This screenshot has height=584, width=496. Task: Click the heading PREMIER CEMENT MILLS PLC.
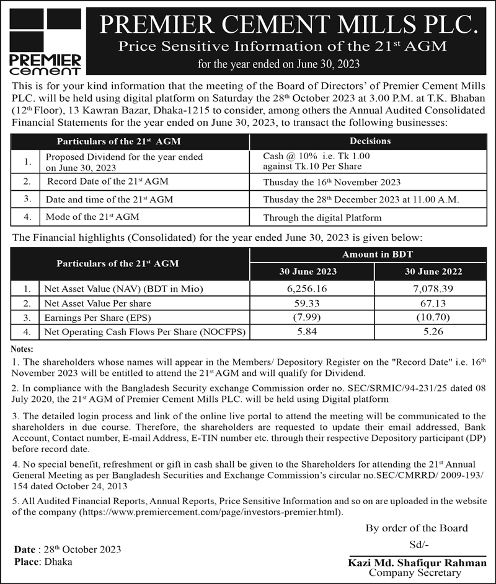click(x=290, y=24)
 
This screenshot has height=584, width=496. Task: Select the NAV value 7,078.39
click(x=433, y=289)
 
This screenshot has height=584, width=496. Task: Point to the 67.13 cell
click(x=433, y=303)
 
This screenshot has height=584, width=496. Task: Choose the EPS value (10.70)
click(x=433, y=318)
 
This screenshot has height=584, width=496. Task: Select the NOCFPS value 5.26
click(x=433, y=333)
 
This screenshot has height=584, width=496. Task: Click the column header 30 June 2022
click(x=433, y=271)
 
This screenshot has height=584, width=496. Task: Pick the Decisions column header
click(x=370, y=141)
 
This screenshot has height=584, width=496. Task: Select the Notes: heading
click(x=22, y=349)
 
